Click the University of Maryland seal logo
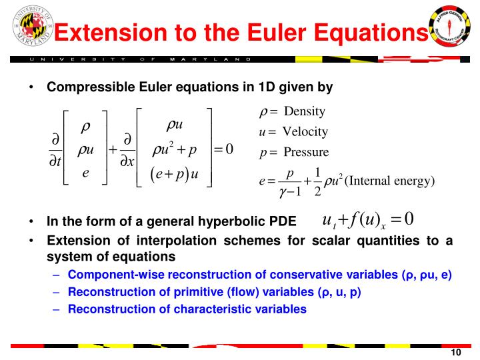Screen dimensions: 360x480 click(x=27, y=27)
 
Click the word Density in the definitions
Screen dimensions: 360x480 click(x=305, y=111)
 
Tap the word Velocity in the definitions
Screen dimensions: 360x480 click(x=305, y=131)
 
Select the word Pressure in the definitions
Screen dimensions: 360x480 click(x=306, y=153)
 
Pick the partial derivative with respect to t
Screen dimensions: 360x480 click(x=54, y=151)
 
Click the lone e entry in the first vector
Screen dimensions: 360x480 click(x=85, y=173)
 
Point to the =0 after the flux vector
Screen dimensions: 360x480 click(x=223, y=149)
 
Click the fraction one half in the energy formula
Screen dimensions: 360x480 click(x=317, y=181)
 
